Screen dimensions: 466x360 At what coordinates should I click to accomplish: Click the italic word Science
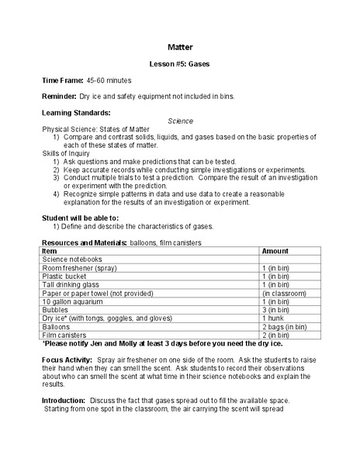(x=180, y=121)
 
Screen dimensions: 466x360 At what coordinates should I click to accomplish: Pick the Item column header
(x=49, y=252)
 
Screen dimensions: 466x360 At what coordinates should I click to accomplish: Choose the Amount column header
(x=275, y=252)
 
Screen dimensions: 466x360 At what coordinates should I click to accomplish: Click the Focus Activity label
(x=67, y=360)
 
